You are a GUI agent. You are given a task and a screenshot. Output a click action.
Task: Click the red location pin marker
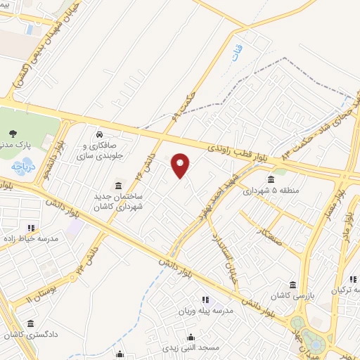pyautogui.click(x=181, y=165)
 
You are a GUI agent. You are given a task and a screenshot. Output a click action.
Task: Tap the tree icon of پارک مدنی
pyautogui.click(x=13, y=133)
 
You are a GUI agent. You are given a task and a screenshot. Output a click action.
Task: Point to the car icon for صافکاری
pyautogui.click(x=101, y=133)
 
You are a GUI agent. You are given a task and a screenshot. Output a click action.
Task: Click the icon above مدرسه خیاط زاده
pyautogui.click(x=30, y=227)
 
